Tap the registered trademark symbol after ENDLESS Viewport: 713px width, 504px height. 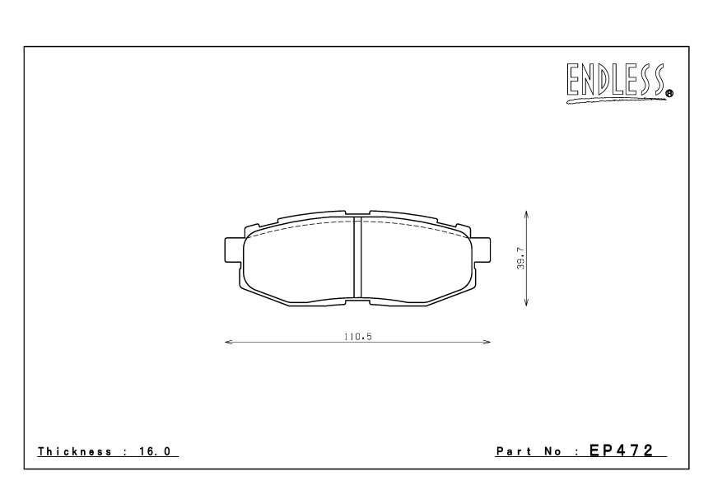tap(669, 94)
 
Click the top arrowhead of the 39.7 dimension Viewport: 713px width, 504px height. tap(526, 213)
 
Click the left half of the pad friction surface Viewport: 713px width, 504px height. tap(300, 262)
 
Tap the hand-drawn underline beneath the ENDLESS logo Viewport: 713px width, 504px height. tap(613, 101)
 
